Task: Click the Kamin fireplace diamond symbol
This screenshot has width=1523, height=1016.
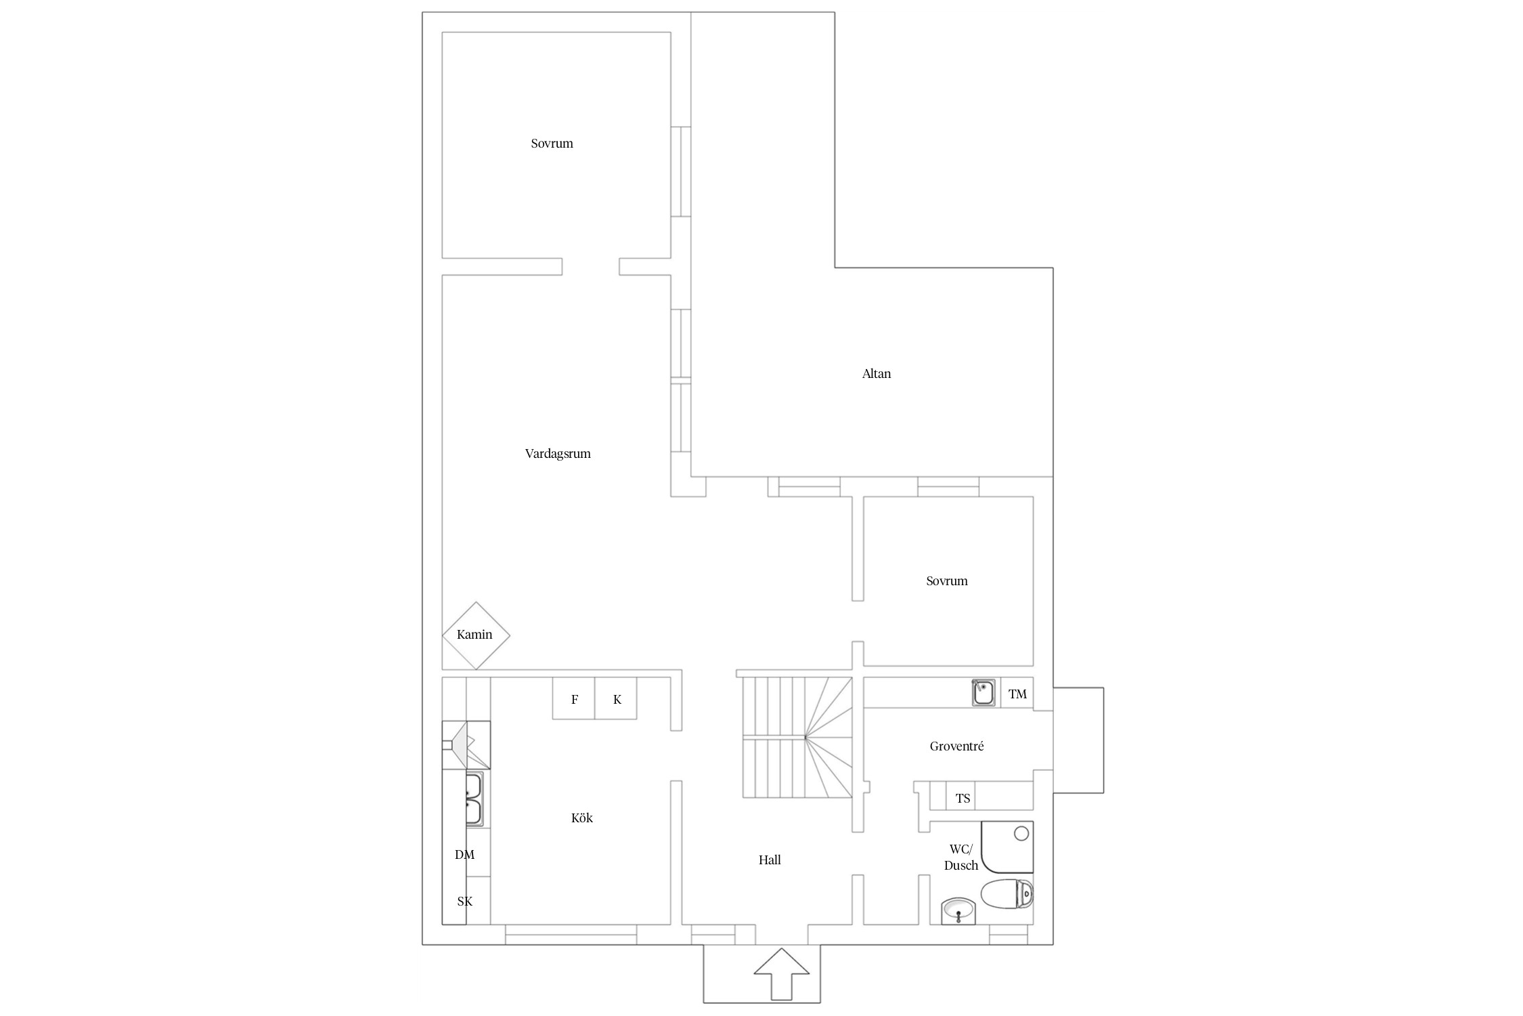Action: (x=476, y=635)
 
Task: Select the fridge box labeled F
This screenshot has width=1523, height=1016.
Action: (x=574, y=698)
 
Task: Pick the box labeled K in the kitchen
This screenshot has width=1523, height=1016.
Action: (x=616, y=698)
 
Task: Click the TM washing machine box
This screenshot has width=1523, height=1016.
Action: (x=1017, y=693)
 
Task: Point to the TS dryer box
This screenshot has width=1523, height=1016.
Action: (x=963, y=797)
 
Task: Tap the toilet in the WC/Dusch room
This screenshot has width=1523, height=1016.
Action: (x=1007, y=894)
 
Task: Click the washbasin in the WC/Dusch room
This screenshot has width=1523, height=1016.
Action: (x=958, y=910)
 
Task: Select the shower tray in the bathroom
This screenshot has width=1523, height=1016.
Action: (x=1007, y=847)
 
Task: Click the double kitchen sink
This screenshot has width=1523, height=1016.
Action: (x=474, y=799)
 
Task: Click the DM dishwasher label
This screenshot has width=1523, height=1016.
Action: (x=464, y=854)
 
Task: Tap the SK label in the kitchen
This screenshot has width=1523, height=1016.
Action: (x=464, y=901)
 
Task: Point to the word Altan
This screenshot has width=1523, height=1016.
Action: (x=876, y=373)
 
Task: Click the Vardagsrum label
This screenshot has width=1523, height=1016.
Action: (x=558, y=454)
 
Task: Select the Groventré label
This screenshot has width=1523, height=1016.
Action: (x=956, y=746)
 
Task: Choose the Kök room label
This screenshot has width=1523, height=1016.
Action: (x=581, y=818)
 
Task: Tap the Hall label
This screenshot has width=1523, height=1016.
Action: (x=770, y=860)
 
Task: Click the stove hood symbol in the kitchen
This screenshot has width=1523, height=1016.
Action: (x=466, y=744)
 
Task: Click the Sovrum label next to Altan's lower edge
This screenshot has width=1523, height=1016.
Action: (x=946, y=580)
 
